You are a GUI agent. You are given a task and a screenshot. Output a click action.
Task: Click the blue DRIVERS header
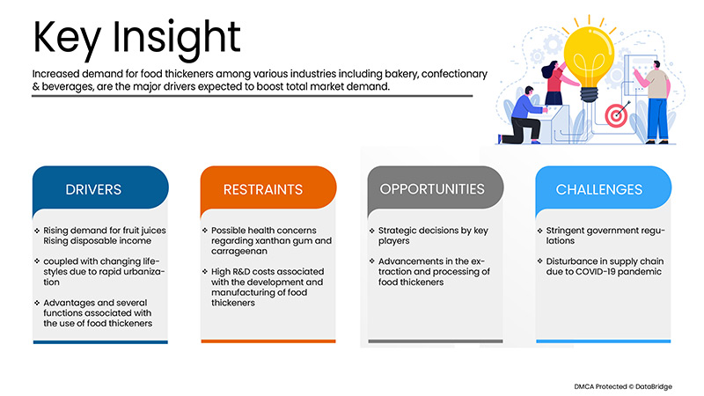pyautogui.click(x=93, y=189)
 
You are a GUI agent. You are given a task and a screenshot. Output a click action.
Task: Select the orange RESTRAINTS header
pyautogui.click(x=264, y=189)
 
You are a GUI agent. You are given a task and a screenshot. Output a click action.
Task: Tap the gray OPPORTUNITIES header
pyautogui.click(x=432, y=189)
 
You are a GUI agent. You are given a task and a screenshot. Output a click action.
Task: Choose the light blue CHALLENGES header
pyautogui.click(x=599, y=189)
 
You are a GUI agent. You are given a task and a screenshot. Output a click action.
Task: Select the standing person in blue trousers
pyautogui.click(x=654, y=101)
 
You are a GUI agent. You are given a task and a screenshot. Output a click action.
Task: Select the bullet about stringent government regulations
pyautogui.click(x=599, y=236)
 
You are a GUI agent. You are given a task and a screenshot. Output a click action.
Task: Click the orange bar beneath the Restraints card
pyautogui.click(x=268, y=341)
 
